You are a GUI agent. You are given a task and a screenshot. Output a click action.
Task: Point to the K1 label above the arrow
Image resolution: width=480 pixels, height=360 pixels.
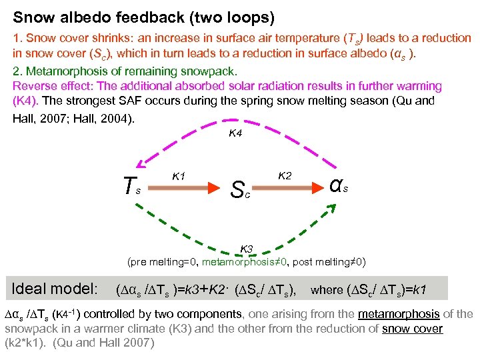coord(178,176)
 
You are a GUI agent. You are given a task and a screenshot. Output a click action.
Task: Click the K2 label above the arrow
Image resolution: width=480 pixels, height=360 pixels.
coord(284,175)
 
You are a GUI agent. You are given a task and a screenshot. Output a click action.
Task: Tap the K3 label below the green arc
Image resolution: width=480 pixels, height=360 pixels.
coord(247,249)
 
